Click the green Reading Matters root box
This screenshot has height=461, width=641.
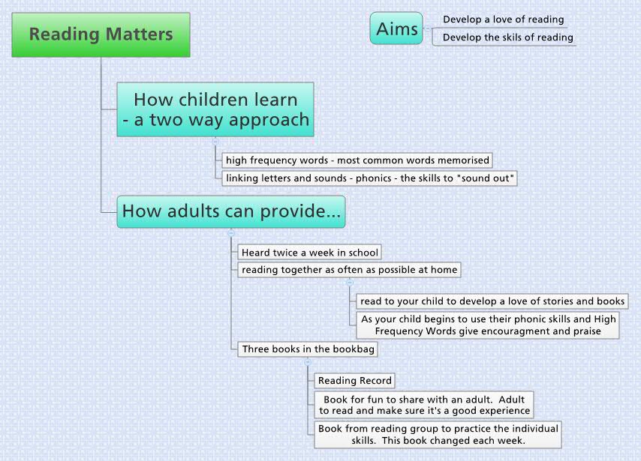[x=101, y=34]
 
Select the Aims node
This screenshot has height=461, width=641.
[x=396, y=28]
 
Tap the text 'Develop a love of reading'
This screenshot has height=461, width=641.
[x=503, y=19]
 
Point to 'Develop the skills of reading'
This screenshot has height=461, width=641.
[x=507, y=37]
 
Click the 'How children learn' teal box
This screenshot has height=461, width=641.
[x=215, y=109]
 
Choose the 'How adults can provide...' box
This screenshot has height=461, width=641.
[x=231, y=211]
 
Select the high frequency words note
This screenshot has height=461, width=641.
[x=357, y=160]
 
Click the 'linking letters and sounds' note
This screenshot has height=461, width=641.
[x=370, y=178]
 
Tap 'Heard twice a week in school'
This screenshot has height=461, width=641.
[x=309, y=253]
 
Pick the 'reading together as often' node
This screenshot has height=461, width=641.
[x=349, y=270]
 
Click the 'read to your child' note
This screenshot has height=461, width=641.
[x=492, y=301]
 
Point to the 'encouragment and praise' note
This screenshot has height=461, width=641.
[x=489, y=325]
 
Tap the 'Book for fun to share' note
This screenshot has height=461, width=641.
[x=424, y=405]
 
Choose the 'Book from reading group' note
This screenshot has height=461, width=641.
[x=438, y=435]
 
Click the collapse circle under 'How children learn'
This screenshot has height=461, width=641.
[x=215, y=142]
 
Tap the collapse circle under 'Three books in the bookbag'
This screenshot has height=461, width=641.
[x=308, y=362]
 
